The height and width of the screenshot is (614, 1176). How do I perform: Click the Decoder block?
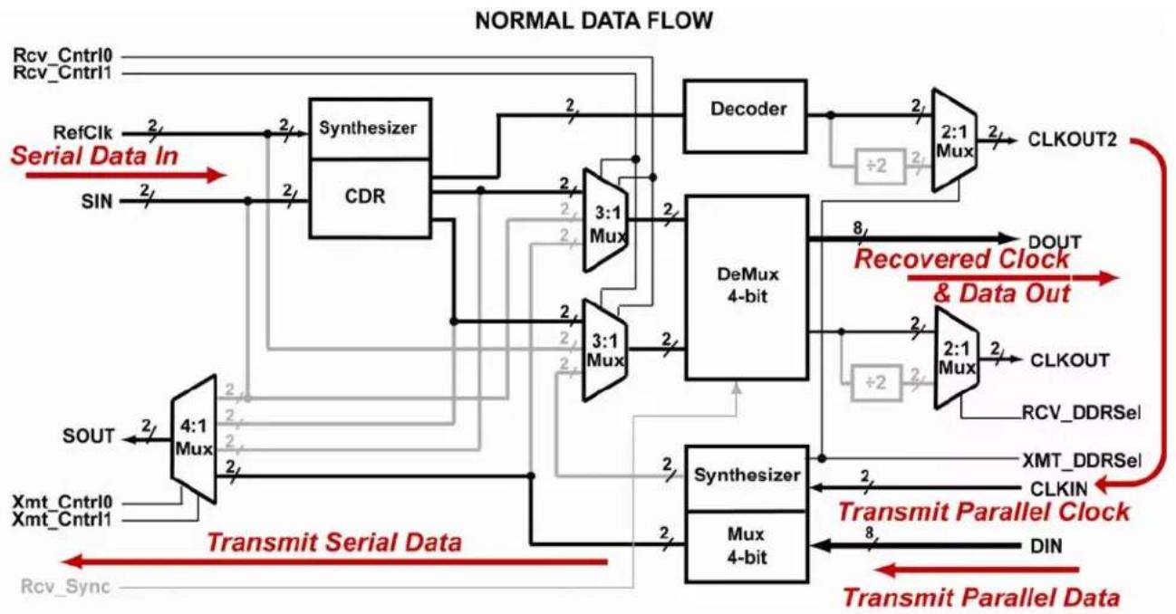point(745,116)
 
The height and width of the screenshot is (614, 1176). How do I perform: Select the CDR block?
point(371,198)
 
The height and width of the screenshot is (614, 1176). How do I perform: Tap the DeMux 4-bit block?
point(747,287)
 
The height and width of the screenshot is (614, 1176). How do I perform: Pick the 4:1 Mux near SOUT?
point(194,438)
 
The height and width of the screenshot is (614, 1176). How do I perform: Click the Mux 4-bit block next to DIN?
point(747,546)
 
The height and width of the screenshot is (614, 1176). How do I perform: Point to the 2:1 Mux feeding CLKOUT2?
point(954,140)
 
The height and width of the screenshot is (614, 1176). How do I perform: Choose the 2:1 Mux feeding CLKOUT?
point(957,358)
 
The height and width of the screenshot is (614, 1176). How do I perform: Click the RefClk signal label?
point(82,133)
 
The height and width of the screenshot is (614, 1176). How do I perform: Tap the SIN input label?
point(97,201)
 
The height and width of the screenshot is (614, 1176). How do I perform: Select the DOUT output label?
point(1055,242)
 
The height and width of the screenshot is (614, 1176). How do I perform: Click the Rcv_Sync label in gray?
point(65,587)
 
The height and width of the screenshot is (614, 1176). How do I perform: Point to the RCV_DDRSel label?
point(1081,413)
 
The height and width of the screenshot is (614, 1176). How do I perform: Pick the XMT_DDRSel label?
point(1082,461)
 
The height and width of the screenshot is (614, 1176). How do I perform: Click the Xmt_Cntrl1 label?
point(62,520)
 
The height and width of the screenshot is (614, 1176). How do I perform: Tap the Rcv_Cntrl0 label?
point(63,54)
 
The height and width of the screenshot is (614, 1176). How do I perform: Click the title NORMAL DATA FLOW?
point(593,21)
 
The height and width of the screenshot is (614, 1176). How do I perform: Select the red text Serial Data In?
point(94,156)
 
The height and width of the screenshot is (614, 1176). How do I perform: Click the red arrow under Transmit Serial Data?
point(334,562)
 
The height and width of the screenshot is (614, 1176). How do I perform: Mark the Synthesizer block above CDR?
point(371,128)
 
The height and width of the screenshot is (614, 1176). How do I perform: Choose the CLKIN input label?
point(1059,489)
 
